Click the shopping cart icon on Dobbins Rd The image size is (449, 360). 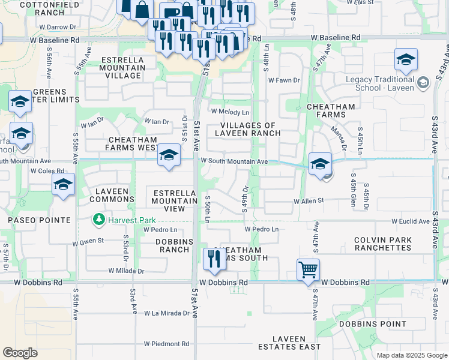tap(308, 270)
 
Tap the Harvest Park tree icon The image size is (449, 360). tap(99, 220)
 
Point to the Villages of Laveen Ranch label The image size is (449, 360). tap(246, 129)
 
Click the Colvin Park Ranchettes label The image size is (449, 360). tap(382, 244)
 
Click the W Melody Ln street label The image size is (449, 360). tap(229, 112)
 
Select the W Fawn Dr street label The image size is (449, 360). tap(283, 80)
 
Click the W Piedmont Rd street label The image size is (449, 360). tap(166, 344)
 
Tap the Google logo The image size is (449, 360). tap(20, 353)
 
